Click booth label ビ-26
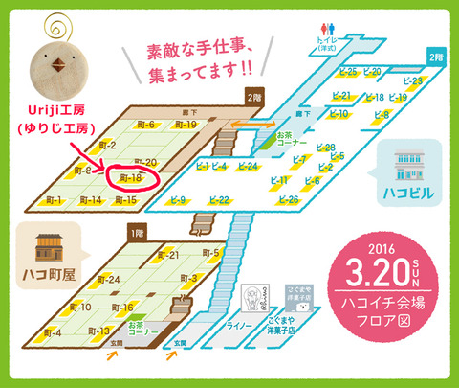[288, 199]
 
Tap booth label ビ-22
[218, 200]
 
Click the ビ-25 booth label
[347, 72]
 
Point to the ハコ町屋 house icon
[48, 248]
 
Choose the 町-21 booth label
[167, 255]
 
